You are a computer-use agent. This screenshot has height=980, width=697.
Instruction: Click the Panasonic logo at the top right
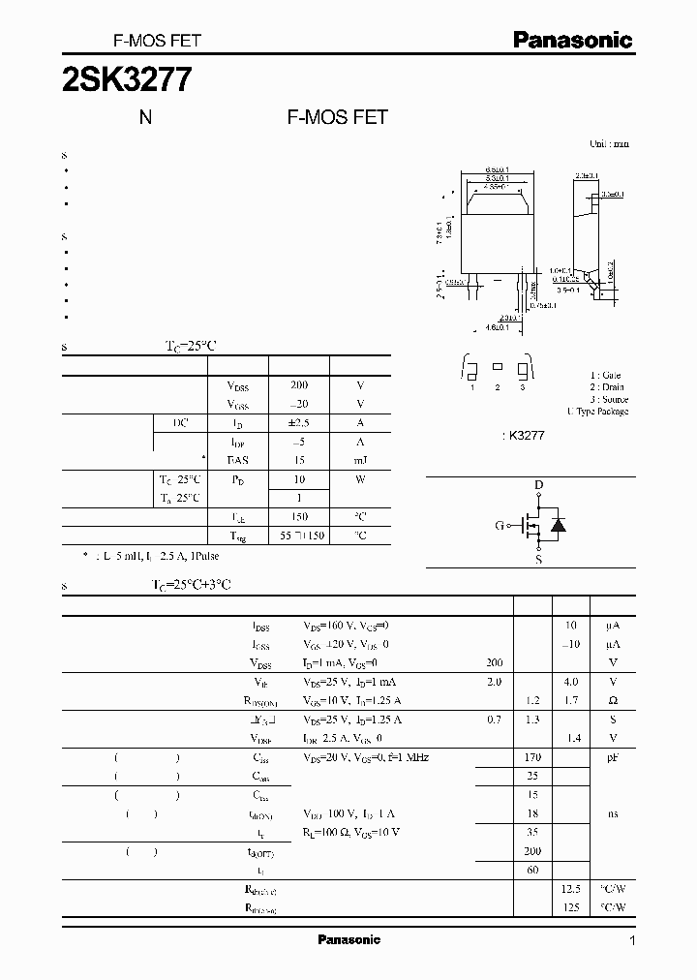coord(572,40)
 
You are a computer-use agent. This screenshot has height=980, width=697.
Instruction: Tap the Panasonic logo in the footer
coord(348,939)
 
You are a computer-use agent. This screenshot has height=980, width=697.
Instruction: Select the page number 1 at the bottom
coord(632,940)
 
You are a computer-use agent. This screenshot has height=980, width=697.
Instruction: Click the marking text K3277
coord(527,437)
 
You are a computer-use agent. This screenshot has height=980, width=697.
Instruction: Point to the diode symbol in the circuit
coord(558,525)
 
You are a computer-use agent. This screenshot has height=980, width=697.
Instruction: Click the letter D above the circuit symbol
coord(539,485)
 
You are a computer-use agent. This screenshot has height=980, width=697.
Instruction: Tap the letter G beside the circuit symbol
coord(500,526)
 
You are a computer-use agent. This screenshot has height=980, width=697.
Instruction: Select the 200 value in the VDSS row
coord(298,385)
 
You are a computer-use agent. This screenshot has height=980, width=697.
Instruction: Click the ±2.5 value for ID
coord(298,423)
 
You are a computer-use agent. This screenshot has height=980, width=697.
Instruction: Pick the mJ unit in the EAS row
coord(360,460)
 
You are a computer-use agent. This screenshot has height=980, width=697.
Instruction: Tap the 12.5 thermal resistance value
coord(570,889)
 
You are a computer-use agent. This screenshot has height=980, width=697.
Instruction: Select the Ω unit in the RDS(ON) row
coord(613,700)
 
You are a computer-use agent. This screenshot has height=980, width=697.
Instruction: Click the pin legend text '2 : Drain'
coord(609,387)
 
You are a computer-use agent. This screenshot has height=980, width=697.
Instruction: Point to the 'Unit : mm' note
coord(609,143)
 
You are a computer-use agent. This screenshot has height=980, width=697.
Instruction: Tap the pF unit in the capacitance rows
coord(613,757)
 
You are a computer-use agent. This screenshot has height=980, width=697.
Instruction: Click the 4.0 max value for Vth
coord(570,682)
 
